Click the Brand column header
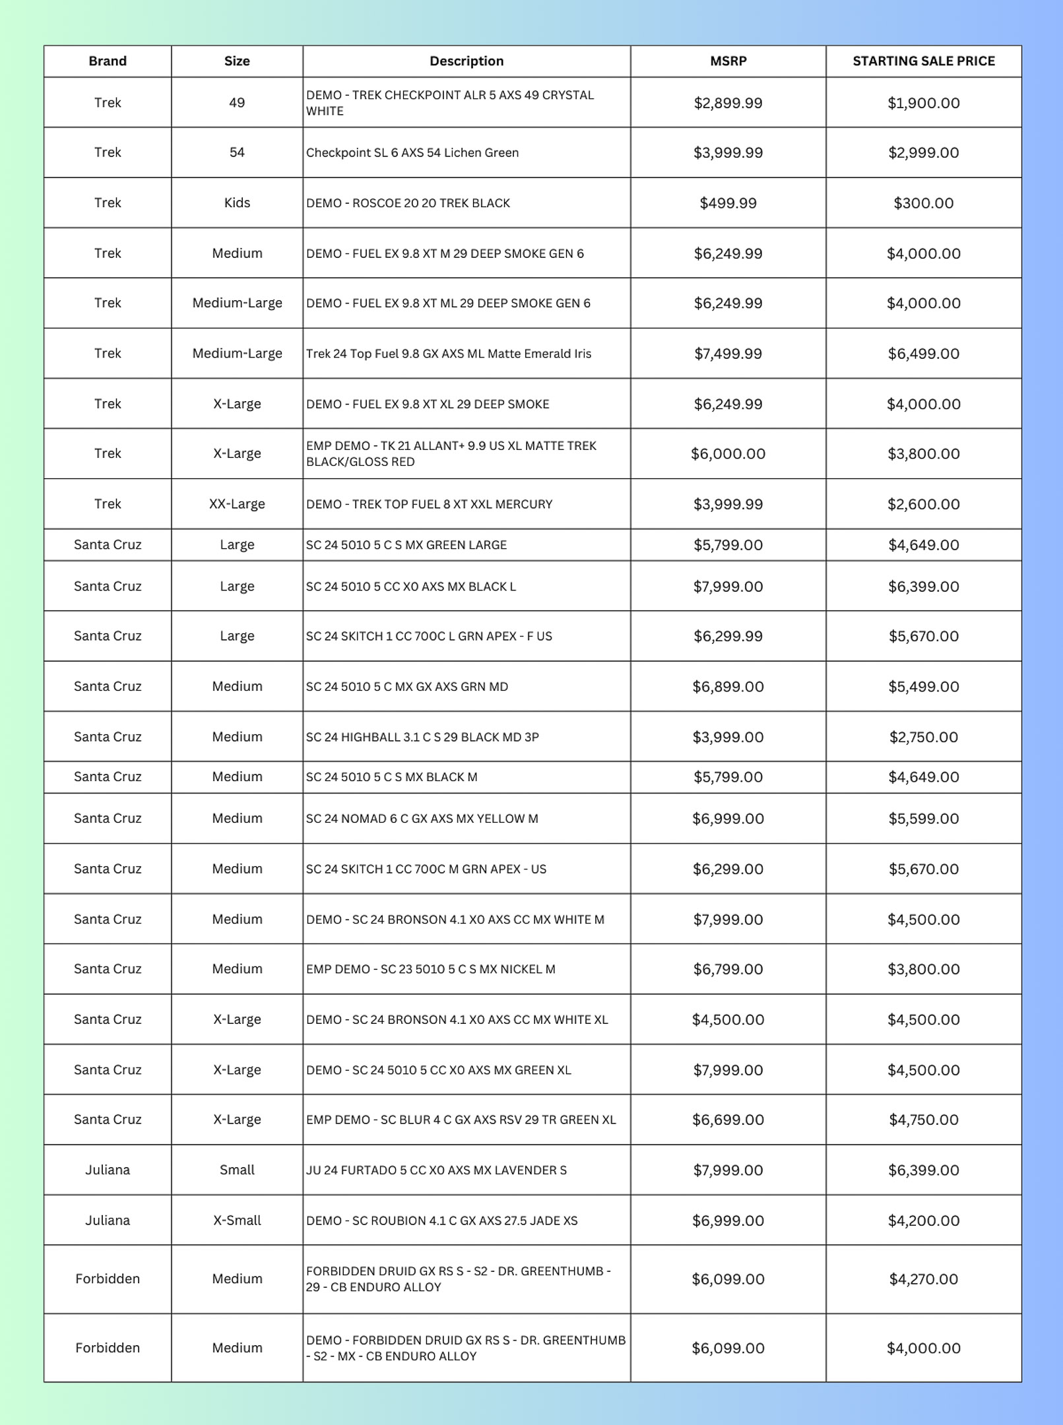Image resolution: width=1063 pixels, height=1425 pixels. click(108, 61)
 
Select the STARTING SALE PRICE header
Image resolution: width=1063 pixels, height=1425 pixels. click(923, 61)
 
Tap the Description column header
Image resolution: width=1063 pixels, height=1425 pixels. click(467, 61)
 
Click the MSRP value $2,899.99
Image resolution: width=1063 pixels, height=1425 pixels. click(728, 103)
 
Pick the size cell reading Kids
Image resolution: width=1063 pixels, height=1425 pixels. click(237, 203)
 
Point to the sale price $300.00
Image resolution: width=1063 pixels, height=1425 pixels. click(923, 203)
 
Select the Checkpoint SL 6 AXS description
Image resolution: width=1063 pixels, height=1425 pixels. click(412, 153)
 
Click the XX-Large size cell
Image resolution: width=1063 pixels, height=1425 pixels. click(237, 504)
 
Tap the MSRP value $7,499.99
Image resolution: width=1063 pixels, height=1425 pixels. click(728, 354)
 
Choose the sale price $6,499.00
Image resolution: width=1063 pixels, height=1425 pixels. click(923, 354)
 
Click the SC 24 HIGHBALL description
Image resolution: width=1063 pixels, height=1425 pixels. click(422, 737)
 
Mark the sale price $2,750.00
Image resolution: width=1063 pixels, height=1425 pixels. click(923, 737)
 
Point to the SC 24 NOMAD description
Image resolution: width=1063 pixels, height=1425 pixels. click(422, 819)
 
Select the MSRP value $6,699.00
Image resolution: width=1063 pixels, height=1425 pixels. click(728, 1120)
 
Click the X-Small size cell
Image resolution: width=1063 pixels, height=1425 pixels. click(237, 1220)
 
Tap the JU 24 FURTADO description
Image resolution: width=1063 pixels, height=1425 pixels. click(436, 1170)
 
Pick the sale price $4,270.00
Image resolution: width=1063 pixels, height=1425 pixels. click(923, 1279)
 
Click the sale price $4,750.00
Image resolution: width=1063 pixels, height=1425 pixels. click(923, 1120)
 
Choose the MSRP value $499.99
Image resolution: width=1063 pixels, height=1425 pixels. click(728, 203)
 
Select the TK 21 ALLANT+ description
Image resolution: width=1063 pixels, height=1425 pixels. click(451, 454)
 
